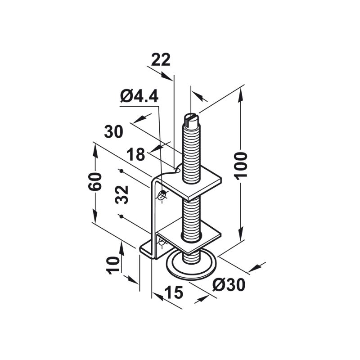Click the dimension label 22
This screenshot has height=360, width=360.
[161, 59]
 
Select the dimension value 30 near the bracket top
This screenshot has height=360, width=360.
[113, 132]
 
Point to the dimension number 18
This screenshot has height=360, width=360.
[135, 154]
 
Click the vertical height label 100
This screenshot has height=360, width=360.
[242, 165]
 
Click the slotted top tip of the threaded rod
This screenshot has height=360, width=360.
[191, 118]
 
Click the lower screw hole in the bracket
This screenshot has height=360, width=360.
[161, 243]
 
